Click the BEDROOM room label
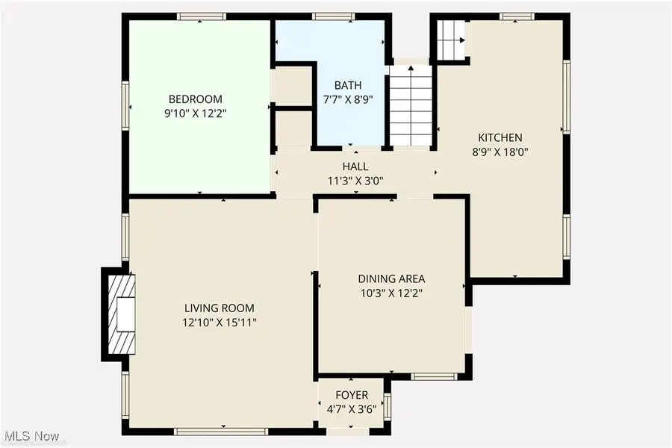195,99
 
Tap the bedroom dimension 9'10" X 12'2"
195,114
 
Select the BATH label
348,86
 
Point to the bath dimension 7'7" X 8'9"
348,99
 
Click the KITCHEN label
500,137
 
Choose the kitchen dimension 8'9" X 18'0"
500,152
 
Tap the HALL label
355,166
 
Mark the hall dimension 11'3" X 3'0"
355,180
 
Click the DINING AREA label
392,279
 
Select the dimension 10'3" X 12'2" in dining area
392,293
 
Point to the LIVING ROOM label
220,308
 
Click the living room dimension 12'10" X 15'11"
220,322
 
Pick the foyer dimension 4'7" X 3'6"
350,409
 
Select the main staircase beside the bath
411,105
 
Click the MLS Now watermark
34,435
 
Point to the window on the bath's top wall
327,16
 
